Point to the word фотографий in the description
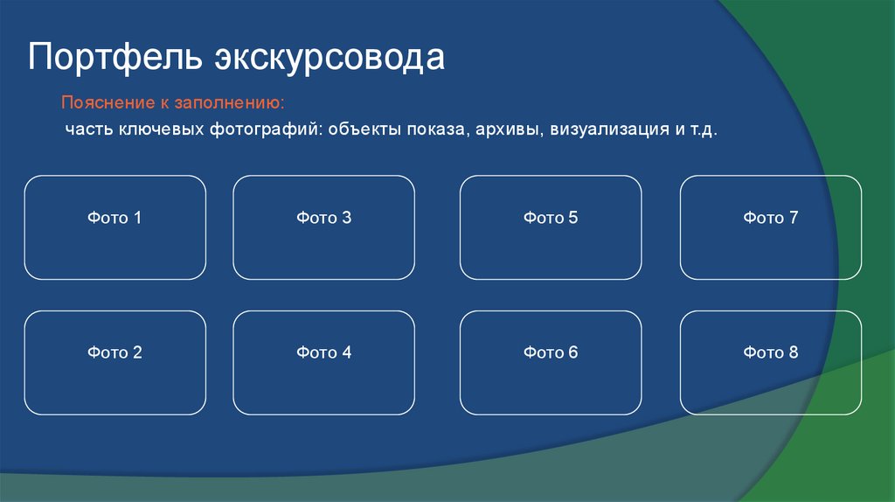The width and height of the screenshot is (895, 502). click(266, 129)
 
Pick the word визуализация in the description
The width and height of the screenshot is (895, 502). click(602, 129)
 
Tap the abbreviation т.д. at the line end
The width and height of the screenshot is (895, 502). click(702, 129)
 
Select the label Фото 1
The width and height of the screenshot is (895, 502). click(114, 218)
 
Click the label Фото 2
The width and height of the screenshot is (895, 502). click(114, 352)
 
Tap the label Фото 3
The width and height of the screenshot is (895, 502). click(323, 218)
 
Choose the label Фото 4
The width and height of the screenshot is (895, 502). click(323, 352)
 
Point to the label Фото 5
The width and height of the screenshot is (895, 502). click(551, 218)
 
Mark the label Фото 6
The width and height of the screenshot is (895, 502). click(551, 352)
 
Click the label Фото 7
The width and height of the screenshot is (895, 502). click(771, 218)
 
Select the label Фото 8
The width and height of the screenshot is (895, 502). click(771, 352)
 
